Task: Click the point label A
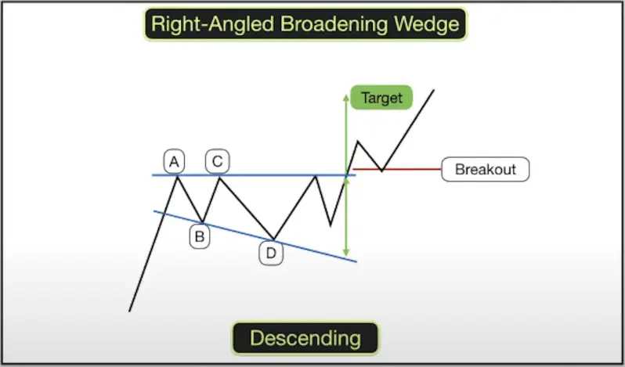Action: click(x=174, y=162)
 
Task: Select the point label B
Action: click(x=200, y=236)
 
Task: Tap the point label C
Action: click(x=217, y=162)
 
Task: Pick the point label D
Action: click(x=271, y=253)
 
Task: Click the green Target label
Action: click(x=381, y=98)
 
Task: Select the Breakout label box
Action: click(x=485, y=169)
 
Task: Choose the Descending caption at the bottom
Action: click(x=305, y=338)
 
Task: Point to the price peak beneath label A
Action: click(x=178, y=176)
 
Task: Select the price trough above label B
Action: click(x=202, y=221)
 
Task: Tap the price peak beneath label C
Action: click(x=219, y=177)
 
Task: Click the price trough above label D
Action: click(x=273, y=239)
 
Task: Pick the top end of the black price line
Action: click(x=433, y=91)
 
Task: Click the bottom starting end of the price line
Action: click(x=129, y=311)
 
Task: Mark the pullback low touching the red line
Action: click(x=381, y=170)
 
